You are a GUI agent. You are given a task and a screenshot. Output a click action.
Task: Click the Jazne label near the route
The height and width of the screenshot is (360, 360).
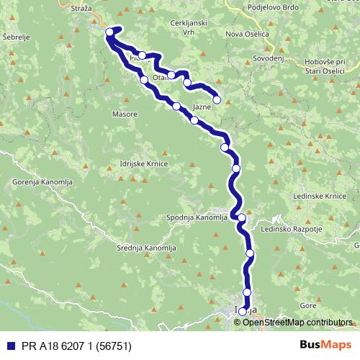(x=202, y=106)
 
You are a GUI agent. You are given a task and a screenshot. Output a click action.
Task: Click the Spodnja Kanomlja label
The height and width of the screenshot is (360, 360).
(x=197, y=217)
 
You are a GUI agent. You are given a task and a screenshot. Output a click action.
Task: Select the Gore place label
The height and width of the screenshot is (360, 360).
(x=308, y=305)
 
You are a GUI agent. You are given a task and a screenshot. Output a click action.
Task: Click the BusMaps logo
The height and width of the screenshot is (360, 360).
(x=326, y=344)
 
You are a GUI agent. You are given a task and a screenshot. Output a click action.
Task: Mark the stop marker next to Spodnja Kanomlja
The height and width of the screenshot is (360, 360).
(x=242, y=217)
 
